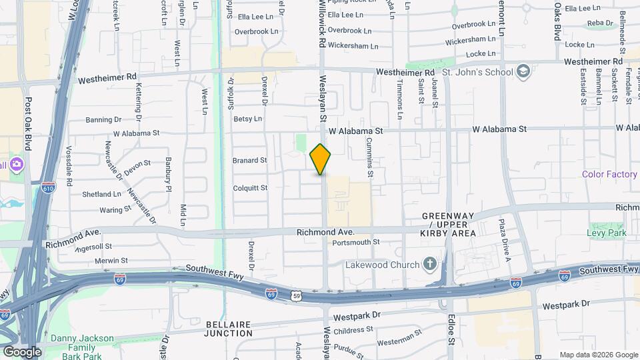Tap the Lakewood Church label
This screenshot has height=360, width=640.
click(x=382, y=265)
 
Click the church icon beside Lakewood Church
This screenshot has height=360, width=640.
click(x=431, y=265)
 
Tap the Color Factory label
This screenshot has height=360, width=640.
click(x=609, y=175)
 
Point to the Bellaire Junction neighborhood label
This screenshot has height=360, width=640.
click(x=228, y=328)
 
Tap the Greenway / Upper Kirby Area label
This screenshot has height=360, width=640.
click(x=448, y=225)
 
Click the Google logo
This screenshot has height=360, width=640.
click(x=21, y=351)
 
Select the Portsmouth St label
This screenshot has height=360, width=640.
click(x=356, y=242)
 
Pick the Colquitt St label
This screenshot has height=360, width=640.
click(x=250, y=188)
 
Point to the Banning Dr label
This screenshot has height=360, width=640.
click(x=103, y=120)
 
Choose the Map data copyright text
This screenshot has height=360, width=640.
click(x=599, y=355)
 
